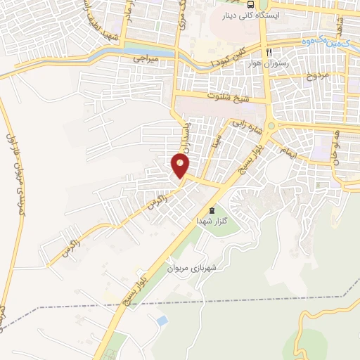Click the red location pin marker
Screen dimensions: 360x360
point(180,166)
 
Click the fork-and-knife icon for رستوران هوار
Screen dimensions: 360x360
point(269,53)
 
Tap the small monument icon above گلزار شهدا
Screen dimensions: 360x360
point(212,210)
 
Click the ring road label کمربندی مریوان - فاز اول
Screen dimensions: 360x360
point(18,190)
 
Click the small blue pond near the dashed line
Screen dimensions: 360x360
point(162,321)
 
